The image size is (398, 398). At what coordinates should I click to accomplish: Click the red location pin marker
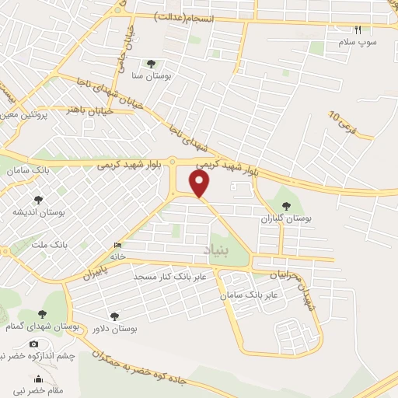(x=201, y=184)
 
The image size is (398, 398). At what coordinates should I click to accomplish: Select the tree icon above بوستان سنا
(x=151, y=64)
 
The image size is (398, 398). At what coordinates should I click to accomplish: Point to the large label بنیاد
(x=217, y=249)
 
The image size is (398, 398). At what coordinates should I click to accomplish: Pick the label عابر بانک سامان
(x=249, y=296)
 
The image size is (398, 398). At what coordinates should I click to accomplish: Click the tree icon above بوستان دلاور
(x=114, y=316)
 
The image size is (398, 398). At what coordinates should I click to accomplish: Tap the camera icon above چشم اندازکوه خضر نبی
(x=33, y=344)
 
